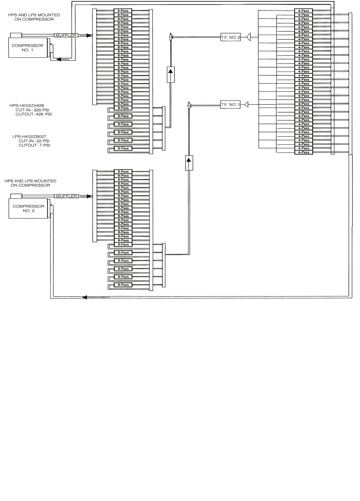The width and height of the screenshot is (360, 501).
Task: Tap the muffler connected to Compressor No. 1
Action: pyautogui.click(x=66, y=35)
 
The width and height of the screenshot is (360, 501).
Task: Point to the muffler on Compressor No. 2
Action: pyautogui.click(x=66, y=196)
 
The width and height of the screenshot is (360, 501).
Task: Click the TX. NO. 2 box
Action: pyautogui.click(x=230, y=37)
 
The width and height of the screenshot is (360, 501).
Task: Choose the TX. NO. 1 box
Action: pyautogui.click(x=230, y=105)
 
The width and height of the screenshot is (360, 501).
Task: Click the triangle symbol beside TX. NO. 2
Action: pyautogui.click(x=249, y=37)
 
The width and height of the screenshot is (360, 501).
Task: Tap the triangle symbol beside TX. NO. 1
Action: pyautogui.click(x=246, y=104)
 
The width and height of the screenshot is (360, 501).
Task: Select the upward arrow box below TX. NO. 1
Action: pyautogui.click(x=189, y=163)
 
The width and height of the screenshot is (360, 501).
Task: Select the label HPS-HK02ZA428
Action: pyautogui.click(x=27, y=105)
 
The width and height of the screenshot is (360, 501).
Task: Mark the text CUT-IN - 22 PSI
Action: pyautogui.click(x=34, y=141)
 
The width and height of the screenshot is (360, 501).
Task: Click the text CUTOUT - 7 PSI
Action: pyautogui.click(x=34, y=145)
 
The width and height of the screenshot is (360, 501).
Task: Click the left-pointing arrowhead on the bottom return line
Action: pyautogui.click(x=84, y=297)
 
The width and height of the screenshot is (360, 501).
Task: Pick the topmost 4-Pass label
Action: pyautogui.click(x=303, y=11)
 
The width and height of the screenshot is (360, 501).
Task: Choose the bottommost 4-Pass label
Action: pyautogui.click(x=303, y=152)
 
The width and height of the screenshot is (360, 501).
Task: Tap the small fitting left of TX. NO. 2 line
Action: pyautogui.click(x=171, y=37)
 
